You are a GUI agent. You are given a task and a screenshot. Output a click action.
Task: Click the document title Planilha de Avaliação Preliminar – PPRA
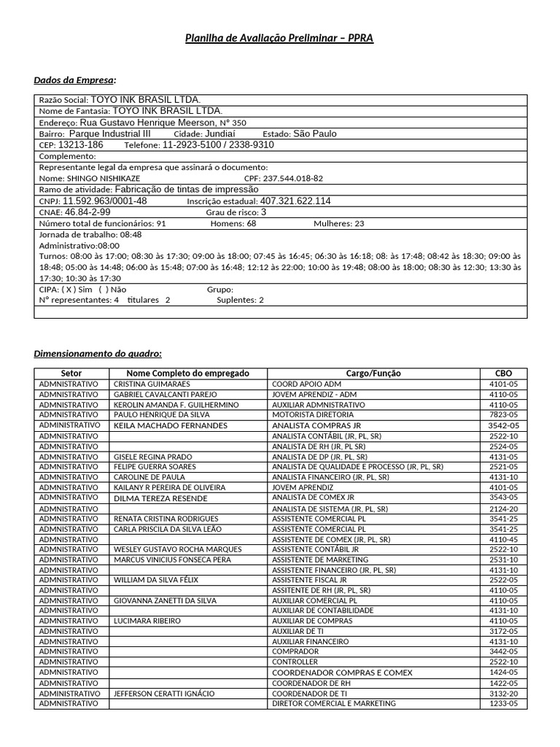279,38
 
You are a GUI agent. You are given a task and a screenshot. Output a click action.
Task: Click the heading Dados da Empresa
74,80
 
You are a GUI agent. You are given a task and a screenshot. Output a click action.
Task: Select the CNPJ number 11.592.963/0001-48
104,201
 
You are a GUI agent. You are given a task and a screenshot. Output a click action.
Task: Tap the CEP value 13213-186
80,145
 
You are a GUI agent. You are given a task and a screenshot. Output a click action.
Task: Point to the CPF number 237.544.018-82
292,178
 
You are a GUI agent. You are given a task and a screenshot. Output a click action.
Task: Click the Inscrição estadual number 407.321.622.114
295,201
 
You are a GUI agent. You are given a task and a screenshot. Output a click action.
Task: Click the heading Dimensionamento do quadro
98,354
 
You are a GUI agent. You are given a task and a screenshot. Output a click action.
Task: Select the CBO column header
503,373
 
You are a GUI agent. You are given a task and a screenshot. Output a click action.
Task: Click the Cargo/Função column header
373,373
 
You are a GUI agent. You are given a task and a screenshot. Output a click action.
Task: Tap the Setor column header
71,373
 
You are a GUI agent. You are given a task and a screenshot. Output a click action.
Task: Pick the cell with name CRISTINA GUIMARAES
152,384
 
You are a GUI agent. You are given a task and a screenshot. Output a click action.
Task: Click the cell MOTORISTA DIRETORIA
313,414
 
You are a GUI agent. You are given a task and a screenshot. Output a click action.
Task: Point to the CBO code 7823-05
503,414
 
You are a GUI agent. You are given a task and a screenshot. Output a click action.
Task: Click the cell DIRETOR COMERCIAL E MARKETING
333,704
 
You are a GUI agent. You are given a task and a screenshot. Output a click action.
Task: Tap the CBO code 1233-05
503,704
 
